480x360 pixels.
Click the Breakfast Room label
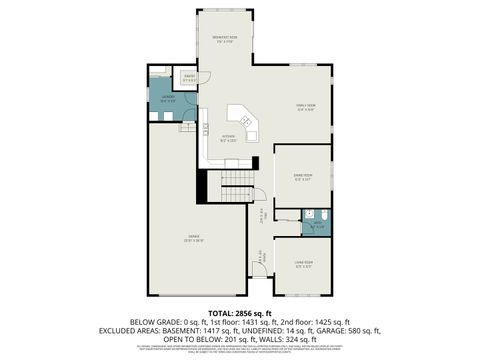click(x=224, y=41)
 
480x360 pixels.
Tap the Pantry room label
click(x=189, y=79)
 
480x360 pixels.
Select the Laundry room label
click(x=167, y=99)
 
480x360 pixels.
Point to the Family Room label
click(x=305, y=107)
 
